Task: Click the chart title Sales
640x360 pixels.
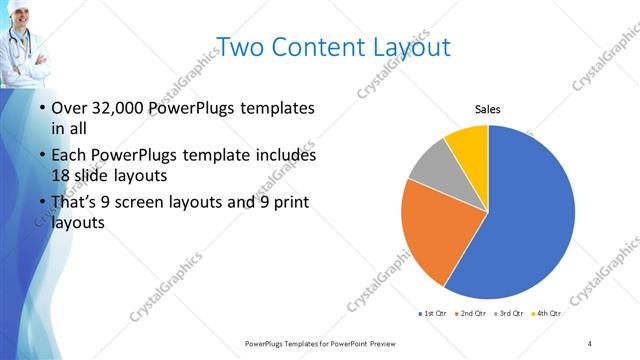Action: tap(487, 110)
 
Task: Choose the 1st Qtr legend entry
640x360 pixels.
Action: tap(432, 314)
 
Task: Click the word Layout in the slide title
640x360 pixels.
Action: tap(402, 46)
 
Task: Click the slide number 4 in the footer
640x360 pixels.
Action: tap(590, 343)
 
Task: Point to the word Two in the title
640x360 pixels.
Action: tap(237, 46)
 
